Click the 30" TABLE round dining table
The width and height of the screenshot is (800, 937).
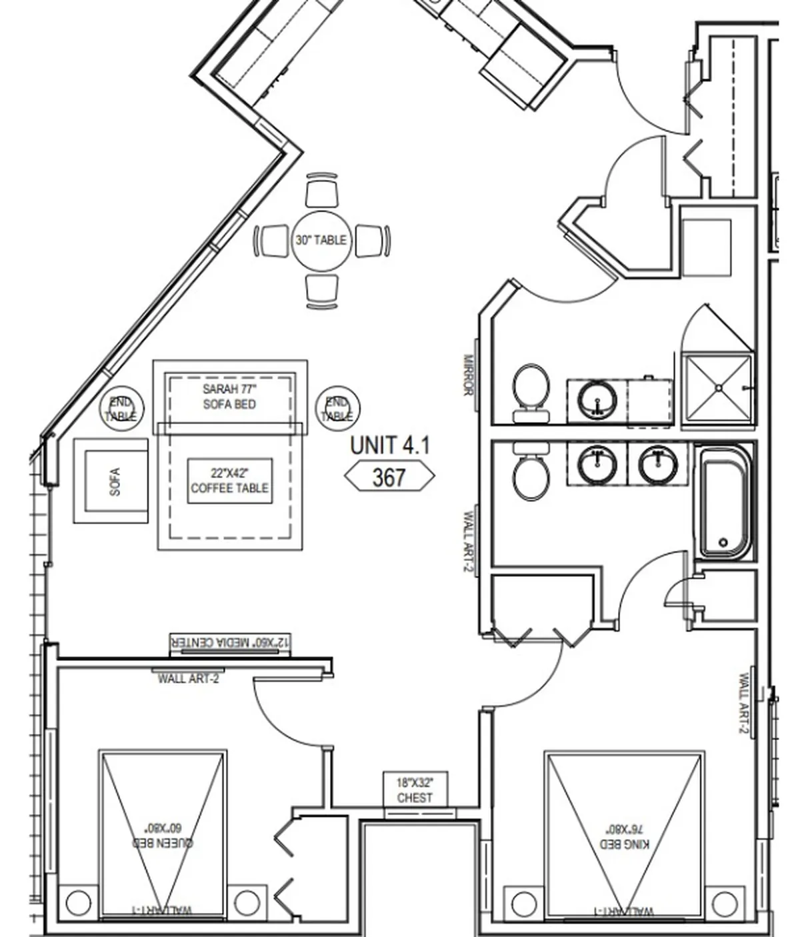pos(321,240)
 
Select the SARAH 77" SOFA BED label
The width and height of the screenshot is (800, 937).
pos(229,396)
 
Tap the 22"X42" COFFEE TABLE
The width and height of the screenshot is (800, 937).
pos(229,481)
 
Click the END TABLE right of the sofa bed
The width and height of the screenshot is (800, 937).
pos(337,408)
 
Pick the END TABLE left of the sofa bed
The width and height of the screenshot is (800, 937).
pos(121,408)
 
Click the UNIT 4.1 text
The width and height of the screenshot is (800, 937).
pos(390,445)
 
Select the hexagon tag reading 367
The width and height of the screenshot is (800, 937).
pos(389,477)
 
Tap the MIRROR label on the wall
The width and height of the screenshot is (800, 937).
pos(468,375)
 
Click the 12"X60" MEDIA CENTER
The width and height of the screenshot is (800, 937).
pos(230,643)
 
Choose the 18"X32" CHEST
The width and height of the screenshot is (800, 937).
pos(415,790)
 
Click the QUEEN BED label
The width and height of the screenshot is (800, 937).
pos(163,837)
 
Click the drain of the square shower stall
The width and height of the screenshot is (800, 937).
pos(719,387)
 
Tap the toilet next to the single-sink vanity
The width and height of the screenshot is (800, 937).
pos(531,390)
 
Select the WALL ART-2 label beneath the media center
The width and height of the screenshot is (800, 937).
pos(188,679)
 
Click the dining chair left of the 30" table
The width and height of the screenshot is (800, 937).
pos(273,241)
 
